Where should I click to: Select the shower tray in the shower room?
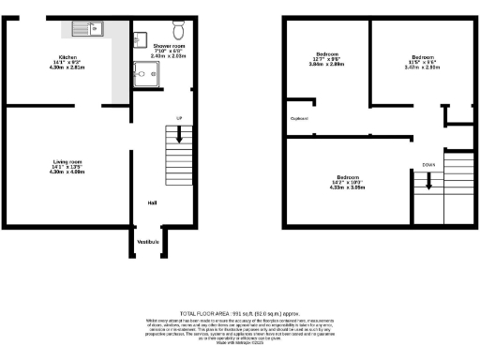coord(145,73)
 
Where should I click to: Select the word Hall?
coord(151,202)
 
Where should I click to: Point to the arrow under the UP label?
coord(179,137)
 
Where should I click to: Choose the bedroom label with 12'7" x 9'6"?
coord(327,54)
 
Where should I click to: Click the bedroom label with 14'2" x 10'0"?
coord(348,177)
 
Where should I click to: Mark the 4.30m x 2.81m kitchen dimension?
coord(67,68)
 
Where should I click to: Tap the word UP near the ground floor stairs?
coord(179,117)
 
